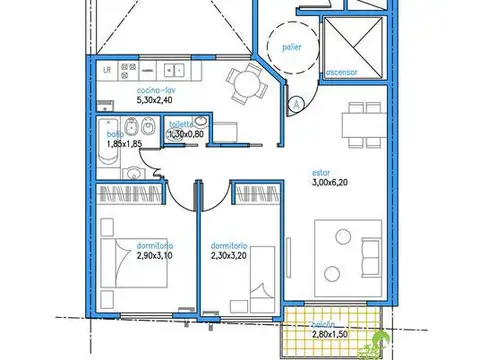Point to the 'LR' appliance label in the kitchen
107,69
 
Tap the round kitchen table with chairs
243,83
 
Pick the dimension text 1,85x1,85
123,144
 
